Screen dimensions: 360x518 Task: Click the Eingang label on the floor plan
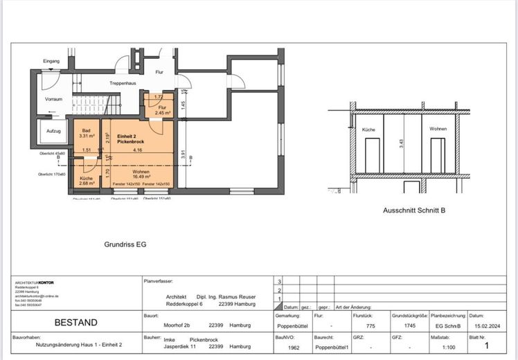51,62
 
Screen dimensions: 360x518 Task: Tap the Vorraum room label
54,99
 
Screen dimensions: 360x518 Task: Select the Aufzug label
53,131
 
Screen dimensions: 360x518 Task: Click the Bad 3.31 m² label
87,133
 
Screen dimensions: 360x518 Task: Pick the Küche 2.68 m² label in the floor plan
87,181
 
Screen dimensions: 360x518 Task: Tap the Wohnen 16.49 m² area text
141,174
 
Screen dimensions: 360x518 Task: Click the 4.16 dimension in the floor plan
139,150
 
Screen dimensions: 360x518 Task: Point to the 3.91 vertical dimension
184,155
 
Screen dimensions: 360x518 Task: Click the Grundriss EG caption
125,244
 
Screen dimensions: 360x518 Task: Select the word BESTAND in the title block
76,322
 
